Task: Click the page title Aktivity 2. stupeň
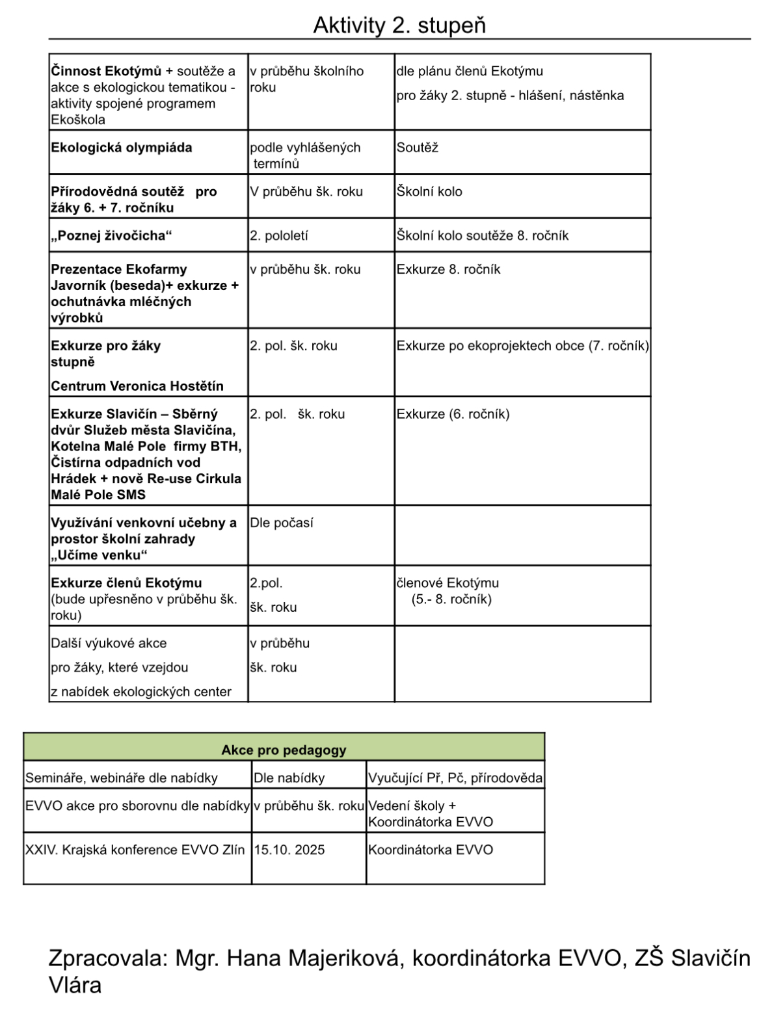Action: click(399, 25)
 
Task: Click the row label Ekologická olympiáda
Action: click(122, 148)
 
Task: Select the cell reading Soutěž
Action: click(418, 148)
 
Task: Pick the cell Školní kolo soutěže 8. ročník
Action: click(482, 235)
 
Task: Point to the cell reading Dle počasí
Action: click(282, 523)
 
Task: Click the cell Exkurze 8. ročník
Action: click(448, 269)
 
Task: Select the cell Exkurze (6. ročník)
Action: click(453, 414)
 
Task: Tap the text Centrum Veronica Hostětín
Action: click(137, 386)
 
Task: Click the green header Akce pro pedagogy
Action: click(284, 750)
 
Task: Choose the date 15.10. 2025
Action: click(289, 850)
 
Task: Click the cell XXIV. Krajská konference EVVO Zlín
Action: click(135, 850)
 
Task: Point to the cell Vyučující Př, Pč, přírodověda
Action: click(455, 778)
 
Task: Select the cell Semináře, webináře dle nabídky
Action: click(122, 778)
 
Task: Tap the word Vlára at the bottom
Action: click(75, 985)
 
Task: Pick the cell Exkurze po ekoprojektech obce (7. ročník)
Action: click(522, 346)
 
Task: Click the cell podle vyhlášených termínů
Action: click(305, 155)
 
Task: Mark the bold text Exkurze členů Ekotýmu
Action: click(126, 583)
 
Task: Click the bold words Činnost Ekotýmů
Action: click(105, 71)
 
